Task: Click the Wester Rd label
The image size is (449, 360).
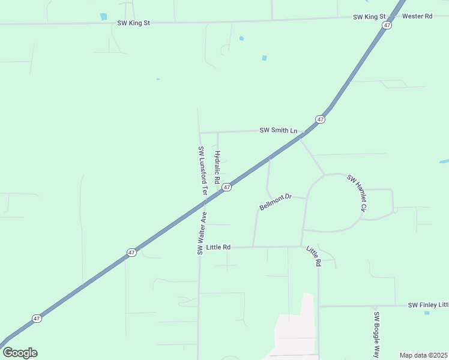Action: click(x=417, y=16)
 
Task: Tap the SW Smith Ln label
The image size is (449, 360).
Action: click(x=278, y=130)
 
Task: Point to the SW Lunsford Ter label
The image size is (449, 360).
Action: click(x=203, y=172)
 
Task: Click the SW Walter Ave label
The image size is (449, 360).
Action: click(x=202, y=233)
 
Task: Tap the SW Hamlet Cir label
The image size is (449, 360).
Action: click(x=356, y=193)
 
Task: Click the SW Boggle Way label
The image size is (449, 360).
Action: click(x=376, y=334)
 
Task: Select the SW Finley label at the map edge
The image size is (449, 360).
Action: click(x=428, y=305)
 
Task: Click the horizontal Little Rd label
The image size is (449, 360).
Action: click(x=218, y=247)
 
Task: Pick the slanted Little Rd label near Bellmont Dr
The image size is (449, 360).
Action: click(x=314, y=256)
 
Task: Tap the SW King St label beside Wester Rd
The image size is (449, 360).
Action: click(x=369, y=17)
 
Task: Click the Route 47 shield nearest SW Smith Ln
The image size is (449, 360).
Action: click(x=321, y=119)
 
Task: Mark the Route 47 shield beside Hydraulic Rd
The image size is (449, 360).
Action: click(x=226, y=188)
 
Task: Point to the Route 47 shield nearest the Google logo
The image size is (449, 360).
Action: click(x=37, y=319)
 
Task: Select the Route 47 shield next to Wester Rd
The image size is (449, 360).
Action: click(x=388, y=25)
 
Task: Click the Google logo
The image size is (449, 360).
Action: click(x=20, y=353)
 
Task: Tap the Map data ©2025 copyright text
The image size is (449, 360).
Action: click(x=423, y=355)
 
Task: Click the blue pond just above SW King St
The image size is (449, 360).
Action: click(x=104, y=17)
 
